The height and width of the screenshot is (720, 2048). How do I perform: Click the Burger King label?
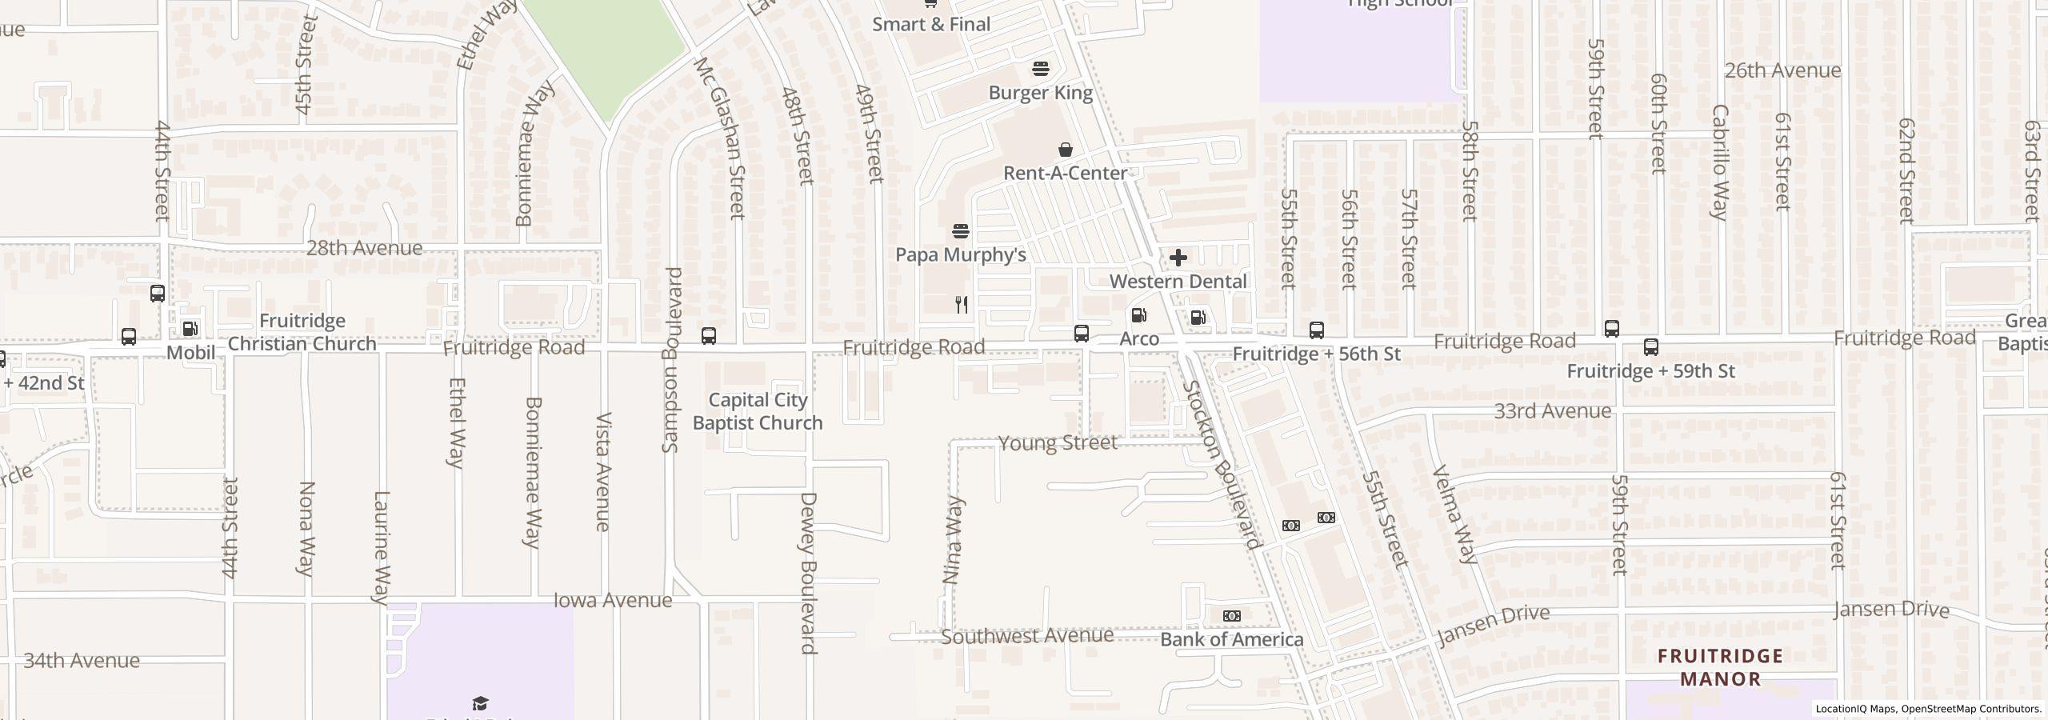pos(1040,93)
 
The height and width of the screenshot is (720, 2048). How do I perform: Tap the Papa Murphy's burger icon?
pos(961,232)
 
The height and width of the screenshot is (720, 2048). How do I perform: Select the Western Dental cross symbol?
pos(1178,258)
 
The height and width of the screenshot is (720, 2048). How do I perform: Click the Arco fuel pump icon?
pos(1138,315)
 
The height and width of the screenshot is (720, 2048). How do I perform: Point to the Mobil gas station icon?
pos(190,329)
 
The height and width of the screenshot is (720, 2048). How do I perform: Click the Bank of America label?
pos(1231,639)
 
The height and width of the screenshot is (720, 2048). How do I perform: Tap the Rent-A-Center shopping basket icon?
pos(1066,150)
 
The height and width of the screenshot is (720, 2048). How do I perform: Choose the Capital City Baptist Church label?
pos(758,411)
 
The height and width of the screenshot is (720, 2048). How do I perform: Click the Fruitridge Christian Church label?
pos(302,332)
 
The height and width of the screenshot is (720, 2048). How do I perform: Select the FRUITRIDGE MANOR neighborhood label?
pos(1720,667)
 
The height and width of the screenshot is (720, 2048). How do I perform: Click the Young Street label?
pos(1058,442)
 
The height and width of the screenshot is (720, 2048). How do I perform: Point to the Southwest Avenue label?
pos(1027,636)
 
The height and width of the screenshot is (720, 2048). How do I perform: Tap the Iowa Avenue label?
pos(613,600)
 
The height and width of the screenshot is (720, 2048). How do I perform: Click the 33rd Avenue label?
pos(1552,411)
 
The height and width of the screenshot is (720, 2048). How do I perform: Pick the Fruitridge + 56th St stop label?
pos(1316,354)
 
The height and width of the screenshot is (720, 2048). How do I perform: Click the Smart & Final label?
pos(930,24)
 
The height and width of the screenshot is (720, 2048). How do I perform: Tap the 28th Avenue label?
pos(364,248)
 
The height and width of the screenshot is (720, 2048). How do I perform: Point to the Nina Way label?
pos(954,540)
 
